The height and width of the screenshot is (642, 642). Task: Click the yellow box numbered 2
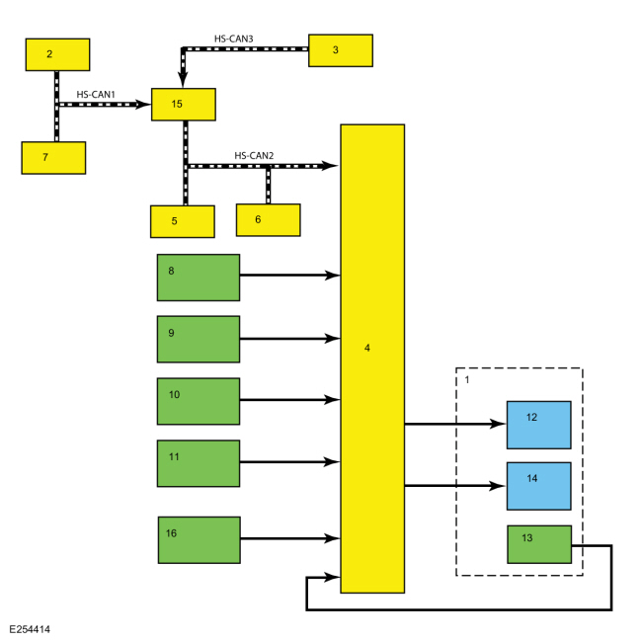(x=57, y=55)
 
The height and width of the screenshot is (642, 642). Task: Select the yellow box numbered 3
(x=341, y=50)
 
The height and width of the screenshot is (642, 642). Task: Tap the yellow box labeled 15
(x=184, y=105)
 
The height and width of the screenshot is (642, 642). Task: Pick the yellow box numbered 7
(x=53, y=158)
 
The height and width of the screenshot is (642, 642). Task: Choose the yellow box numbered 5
(x=183, y=221)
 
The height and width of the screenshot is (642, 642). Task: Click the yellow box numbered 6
(x=269, y=220)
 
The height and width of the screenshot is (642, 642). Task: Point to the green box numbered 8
(x=199, y=278)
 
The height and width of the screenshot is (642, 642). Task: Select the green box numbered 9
(x=199, y=339)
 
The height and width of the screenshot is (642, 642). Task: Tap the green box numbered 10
(x=199, y=401)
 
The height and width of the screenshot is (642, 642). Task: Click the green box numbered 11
(x=199, y=463)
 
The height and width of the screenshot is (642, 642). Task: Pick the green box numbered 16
(x=200, y=540)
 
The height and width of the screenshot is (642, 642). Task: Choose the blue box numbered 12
(x=539, y=425)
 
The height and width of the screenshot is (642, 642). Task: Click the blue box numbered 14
(x=539, y=486)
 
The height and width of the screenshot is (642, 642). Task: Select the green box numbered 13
(x=539, y=544)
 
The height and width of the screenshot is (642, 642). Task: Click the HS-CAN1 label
(x=96, y=95)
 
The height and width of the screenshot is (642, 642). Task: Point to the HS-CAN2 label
(x=254, y=156)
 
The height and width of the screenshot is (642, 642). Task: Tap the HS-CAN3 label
(x=234, y=39)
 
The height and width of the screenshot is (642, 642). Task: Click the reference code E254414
(x=30, y=629)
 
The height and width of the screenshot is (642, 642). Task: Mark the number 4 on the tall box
(x=367, y=348)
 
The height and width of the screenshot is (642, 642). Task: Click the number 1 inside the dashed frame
(x=467, y=380)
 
